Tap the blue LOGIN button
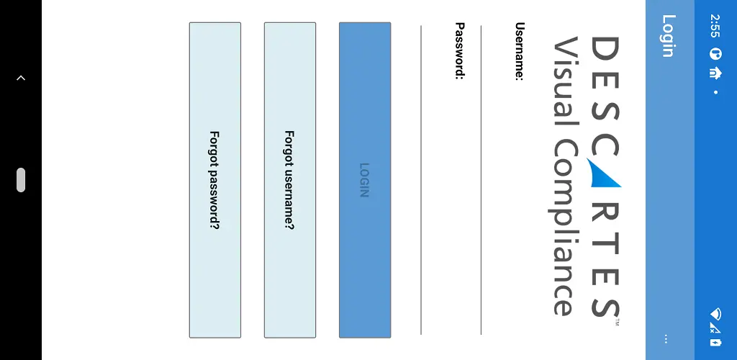pos(365,180)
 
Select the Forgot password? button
pos(214,180)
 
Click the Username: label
pos(520,51)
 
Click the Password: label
pos(460,50)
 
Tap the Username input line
pos(481,180)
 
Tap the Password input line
pos(420,180)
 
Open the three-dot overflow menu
pos(666,339)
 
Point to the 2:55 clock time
pos(715,26)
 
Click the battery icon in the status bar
pos(715,342)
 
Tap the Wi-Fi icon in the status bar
pos(716,313)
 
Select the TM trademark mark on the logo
pos(617,323)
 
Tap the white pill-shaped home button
pos(21,180)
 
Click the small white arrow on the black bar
pos(21,78)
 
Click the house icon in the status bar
pos(715,73)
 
